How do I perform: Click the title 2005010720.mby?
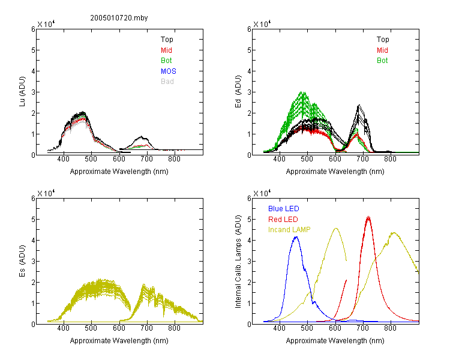119,18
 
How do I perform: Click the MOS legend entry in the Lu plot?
169,71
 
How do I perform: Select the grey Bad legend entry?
167,82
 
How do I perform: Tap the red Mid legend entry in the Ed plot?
382,50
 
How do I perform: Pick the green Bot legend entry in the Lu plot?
166,61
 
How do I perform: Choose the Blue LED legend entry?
284,209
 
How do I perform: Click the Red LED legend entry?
283,220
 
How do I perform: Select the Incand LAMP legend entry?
289,230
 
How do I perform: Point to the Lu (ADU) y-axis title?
22,92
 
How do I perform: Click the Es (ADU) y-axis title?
22,261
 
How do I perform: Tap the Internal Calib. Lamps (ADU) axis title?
238,262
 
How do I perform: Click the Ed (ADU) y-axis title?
238,92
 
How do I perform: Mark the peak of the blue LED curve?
296,237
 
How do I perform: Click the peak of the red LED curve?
368,217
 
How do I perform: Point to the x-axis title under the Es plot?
119,341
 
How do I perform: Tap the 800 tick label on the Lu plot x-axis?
174,159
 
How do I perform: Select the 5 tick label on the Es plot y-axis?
33,220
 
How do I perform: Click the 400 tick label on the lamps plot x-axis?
279,328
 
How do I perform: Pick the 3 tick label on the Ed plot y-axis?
249,92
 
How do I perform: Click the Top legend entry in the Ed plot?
383,40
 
